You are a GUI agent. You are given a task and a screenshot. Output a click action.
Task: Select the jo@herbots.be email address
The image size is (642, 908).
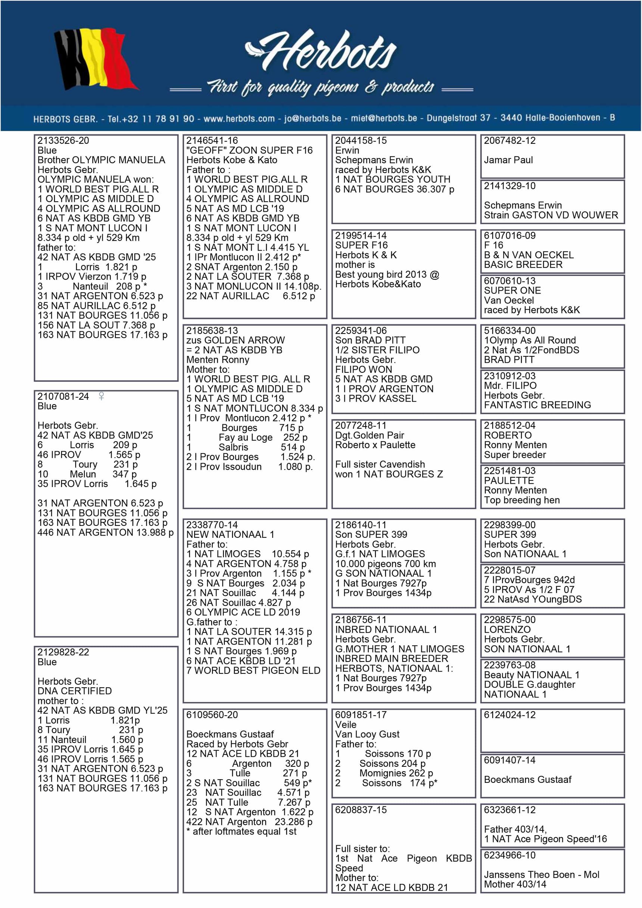pyautogui.click(x=313, y=119)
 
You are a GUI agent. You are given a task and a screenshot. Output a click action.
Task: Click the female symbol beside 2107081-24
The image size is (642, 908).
pyautogui.click(x=101, y=396)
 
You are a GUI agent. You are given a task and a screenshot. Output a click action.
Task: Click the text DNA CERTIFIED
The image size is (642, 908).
pyautogui.click(x=74, y=691)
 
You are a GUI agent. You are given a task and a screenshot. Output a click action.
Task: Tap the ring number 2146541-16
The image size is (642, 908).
pyautogui.click(x=212, y=141)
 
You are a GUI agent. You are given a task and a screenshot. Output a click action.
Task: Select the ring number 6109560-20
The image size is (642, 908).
pyautogui.click(x=212, y=715)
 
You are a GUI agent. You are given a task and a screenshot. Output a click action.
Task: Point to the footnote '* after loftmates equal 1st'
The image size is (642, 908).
pyautogui.click(x=241, y=832)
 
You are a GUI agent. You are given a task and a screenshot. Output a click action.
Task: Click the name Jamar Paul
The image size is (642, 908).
pyautogui.click(x=508, y=160)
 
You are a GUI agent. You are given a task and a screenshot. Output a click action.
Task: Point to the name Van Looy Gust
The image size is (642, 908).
pyautogui.click(x=367, y=734)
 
